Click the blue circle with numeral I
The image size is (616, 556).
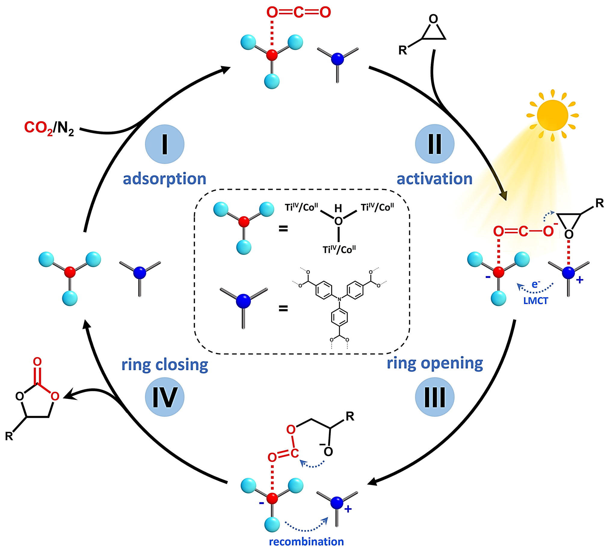(x=164, y=144)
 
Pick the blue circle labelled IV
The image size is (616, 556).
(x=164, y=397)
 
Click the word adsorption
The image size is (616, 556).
(x=164, y=178)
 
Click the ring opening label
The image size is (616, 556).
(x=435, y=363)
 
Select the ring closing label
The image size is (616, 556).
(x=165, y=364)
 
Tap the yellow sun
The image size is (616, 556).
(x=552, y=115)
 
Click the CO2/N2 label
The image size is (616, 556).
(x=49, y=128)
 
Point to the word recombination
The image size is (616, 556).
(x=306, y=542)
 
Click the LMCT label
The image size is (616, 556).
(x=535, y=301)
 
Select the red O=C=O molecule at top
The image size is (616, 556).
(x=298, y=13)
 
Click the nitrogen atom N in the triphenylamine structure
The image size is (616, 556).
(x=339, y=299)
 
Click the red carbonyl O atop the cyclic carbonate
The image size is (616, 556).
(x=37, y=362)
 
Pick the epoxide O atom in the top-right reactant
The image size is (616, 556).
(x=433, y=19)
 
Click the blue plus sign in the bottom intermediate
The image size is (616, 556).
(x=348, y=509)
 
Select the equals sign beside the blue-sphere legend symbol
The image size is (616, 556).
(x=283, y=309)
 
